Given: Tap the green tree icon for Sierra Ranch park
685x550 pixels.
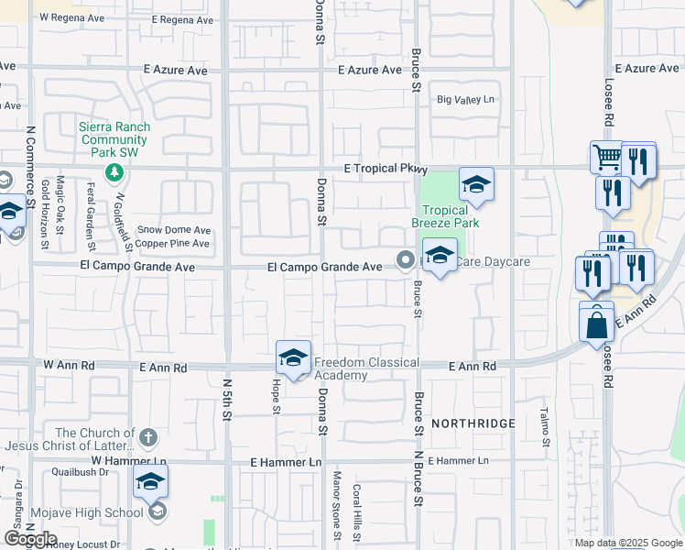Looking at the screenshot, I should [x=114, y=171].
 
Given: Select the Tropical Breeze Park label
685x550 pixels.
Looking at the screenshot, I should [x=445, y=216].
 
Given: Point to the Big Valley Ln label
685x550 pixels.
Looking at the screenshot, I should [x=465, y=99].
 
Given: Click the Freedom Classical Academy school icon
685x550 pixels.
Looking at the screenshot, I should [x=294, y=357].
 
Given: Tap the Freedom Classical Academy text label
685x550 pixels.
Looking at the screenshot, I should [x=341, y=368].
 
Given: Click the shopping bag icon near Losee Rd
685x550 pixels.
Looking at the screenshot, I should [x=596, y=324].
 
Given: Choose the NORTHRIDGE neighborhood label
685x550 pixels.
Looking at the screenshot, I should [x=473, y=423].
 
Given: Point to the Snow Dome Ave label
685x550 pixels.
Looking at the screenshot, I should [x=173, y=230].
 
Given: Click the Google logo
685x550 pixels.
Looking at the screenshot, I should [x=30, y=539].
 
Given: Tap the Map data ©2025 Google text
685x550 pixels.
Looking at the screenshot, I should [x=627, y=543].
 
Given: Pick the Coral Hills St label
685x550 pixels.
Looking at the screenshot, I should [x=357, y=511].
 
